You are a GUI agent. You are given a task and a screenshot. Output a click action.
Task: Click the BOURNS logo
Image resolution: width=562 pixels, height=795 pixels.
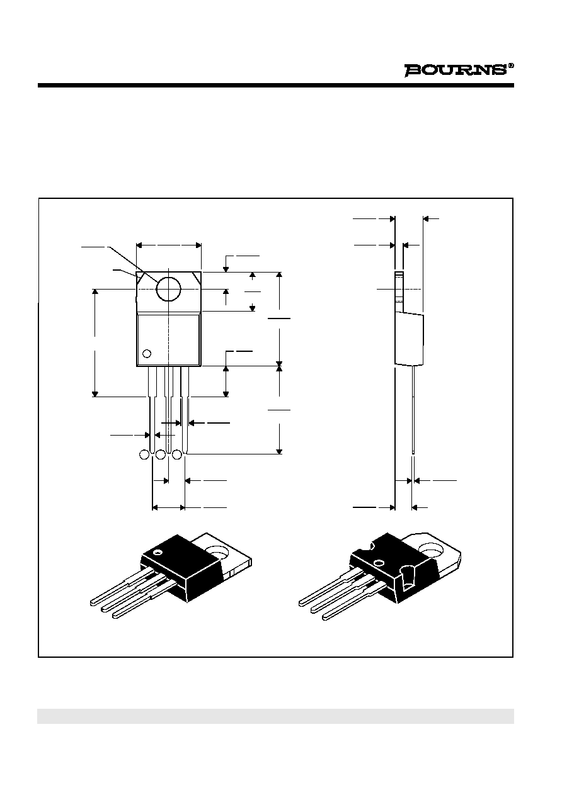tap(456, 70)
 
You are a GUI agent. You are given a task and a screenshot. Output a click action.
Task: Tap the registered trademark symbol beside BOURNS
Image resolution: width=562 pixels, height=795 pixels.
tap(511, 65)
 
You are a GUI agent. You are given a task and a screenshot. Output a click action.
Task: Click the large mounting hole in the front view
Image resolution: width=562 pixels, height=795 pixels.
tap(168, 288)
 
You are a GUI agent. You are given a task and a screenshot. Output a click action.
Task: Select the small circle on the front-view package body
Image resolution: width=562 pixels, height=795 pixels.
tap(147, 354)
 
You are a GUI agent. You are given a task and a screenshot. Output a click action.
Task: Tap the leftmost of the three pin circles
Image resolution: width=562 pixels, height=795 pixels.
tap(144, 454)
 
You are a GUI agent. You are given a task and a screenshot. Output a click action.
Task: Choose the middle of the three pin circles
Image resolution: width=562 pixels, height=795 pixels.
tap(161, 454)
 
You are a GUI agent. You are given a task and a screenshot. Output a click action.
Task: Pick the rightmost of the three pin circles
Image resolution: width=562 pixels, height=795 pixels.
tap(176, 454)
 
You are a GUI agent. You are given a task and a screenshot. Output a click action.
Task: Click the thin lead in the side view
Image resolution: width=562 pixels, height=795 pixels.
tap(413, 410)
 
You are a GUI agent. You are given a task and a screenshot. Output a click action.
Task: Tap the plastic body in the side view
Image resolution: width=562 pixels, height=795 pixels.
tap(410, 339)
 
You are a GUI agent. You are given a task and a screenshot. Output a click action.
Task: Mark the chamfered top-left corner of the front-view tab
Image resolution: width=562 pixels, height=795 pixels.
tap(140, 276)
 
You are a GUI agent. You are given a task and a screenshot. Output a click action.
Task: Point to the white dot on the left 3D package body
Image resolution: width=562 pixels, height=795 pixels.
tap(157, 552)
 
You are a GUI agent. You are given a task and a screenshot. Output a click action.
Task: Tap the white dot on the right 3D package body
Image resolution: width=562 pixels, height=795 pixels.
tap(379, 563)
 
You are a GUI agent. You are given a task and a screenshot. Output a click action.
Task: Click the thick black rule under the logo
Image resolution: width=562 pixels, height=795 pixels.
tap(276, 85)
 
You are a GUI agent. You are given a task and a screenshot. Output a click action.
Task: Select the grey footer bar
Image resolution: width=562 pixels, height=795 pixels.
tap(276, 716)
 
